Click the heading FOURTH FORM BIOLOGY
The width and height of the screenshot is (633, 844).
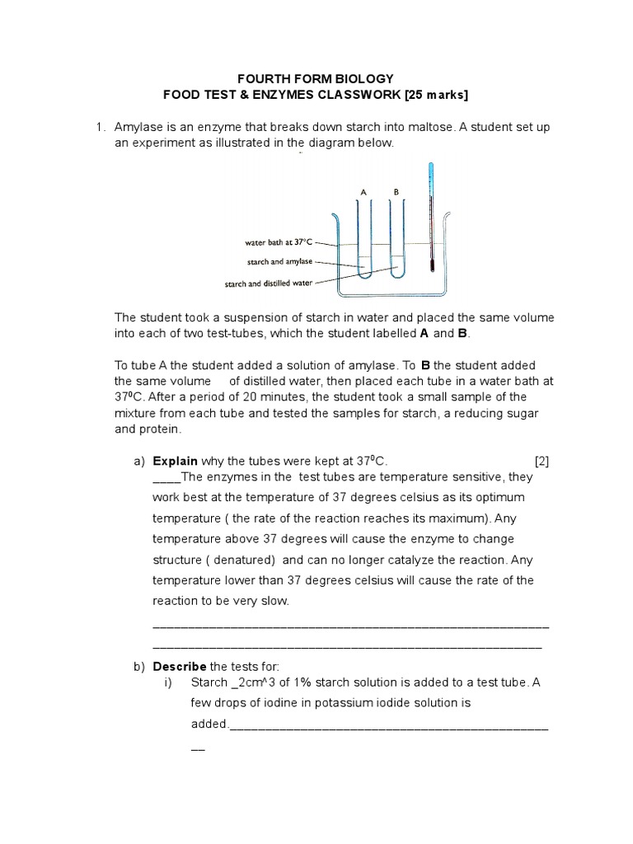coord(316,79)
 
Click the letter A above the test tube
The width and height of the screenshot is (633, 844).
coord(363,192)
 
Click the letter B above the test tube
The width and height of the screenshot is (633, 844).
coord(396,192)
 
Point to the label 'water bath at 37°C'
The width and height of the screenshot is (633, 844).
coord(279,242)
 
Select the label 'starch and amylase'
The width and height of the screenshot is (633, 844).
coord(279,262)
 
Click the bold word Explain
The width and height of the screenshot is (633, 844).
coord(175,461)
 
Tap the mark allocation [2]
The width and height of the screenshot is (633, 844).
coord(542,461)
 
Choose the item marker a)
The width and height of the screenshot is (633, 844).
coord(138,461)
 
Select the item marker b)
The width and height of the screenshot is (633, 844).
coord(138,666)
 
